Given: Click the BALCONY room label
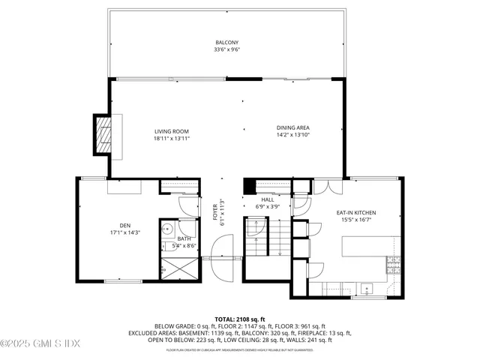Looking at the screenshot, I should [226, 43].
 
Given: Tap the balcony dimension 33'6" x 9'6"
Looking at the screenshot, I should [226, 51].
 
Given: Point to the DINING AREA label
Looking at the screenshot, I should [292, 127].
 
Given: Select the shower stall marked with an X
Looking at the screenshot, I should [178, 268].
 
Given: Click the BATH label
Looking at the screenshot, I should [184, 238].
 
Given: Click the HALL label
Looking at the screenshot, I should [266, 199].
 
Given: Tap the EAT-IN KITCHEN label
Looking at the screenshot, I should [355, 212].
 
